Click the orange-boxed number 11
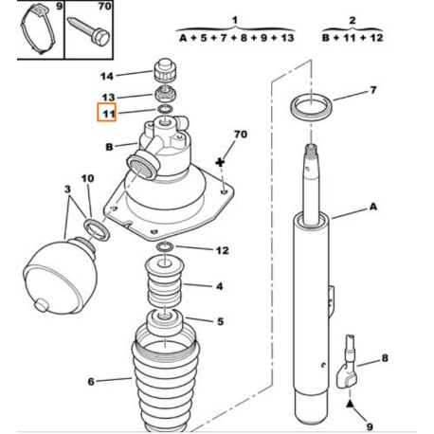pos(107,115)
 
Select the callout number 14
pos(107,76)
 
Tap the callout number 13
pos(107,97)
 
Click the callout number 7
pos(373,90)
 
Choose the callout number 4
pos(218,285)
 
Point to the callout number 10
pos(87,179)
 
